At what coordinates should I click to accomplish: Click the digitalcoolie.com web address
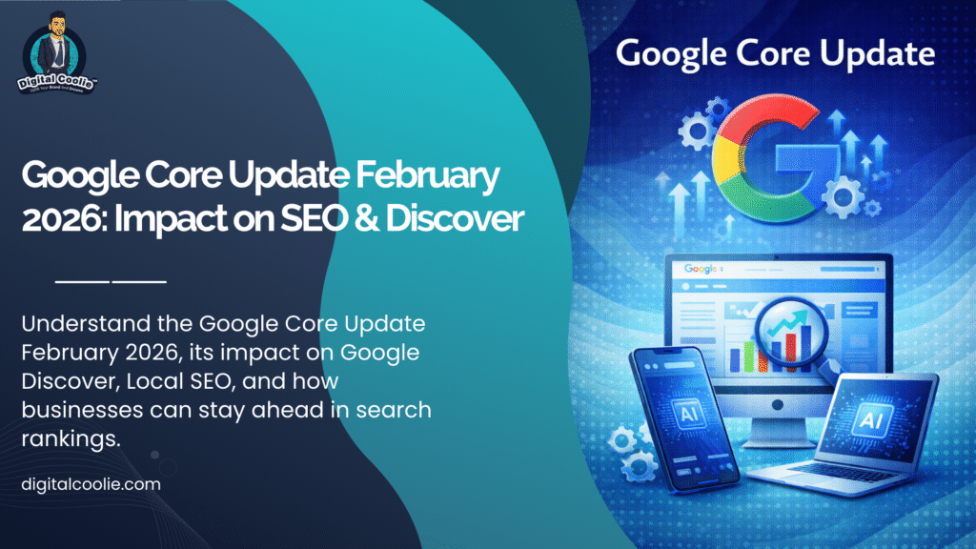click(91, 484)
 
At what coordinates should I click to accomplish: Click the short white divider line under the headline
click(112, 282)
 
